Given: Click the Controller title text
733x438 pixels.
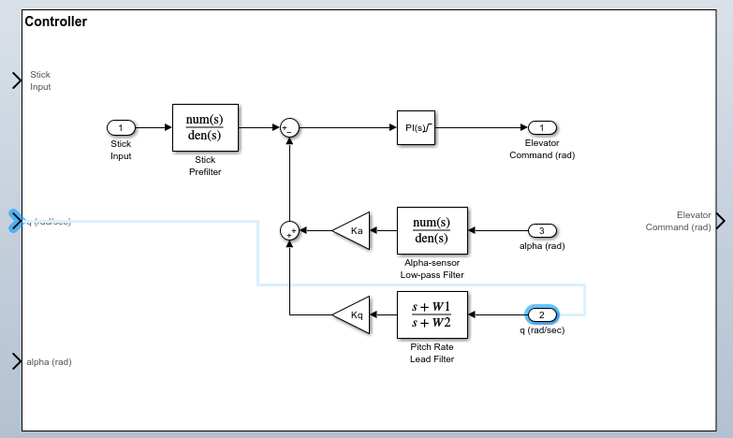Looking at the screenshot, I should pos(56,22).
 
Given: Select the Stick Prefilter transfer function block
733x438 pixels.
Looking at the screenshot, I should pos(205,127).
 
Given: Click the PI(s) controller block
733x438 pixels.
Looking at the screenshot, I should pos(416,127).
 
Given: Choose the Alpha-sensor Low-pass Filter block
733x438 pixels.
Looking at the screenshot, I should pos(432,230).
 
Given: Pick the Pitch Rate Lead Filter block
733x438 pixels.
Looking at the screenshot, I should pos(432,314).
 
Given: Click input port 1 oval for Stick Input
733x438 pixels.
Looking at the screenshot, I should pos(121,127).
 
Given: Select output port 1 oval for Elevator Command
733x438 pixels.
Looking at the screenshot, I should pos(542,127).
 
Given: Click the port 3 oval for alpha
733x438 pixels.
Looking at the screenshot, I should pos(542,230).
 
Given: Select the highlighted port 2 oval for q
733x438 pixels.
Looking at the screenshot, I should pos(542,314).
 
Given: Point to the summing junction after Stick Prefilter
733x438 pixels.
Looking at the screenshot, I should pos(289,127).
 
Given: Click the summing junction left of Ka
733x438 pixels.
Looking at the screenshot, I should pos(289,230).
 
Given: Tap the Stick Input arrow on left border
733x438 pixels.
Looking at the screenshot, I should pos(16,80).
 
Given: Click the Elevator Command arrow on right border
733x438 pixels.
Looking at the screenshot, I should pos(719,221).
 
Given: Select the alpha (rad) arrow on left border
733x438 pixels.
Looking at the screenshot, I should pos(16,361).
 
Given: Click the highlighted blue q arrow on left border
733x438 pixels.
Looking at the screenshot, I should pos(16,221).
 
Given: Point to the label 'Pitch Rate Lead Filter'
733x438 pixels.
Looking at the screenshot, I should pos(432,353).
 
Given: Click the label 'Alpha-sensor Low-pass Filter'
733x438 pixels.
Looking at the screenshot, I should pos(432,269).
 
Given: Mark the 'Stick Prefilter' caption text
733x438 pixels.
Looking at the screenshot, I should pos(205,166).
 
